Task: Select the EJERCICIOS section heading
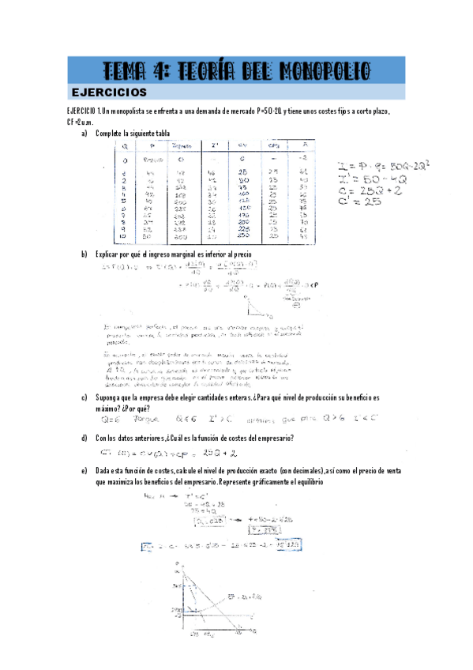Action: click(x=109, y=92)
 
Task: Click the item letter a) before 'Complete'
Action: click(x=84, y=133)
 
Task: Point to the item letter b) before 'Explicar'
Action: click(x=84, y=254)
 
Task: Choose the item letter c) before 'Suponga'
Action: click(x=84, y=398)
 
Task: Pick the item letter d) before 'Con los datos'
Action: click(x=84, y=437)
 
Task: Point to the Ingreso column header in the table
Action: click(x=181, y=145)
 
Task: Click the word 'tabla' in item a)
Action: click(x=161, y=133)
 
